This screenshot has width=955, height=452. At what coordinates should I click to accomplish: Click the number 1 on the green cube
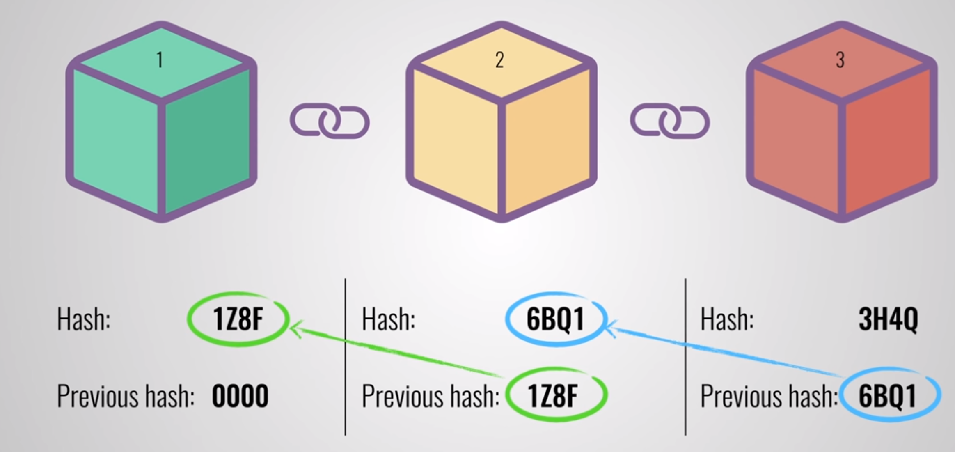160,60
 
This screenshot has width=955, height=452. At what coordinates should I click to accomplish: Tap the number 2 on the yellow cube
499,60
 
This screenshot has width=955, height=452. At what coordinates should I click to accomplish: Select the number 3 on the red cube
840,60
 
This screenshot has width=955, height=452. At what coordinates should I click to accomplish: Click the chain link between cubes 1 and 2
330,121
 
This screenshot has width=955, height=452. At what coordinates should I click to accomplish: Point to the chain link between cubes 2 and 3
670,121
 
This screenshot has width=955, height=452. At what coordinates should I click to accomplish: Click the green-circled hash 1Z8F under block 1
238,319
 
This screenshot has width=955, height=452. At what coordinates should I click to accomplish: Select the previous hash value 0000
240,396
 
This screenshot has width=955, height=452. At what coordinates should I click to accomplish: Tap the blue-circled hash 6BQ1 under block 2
555,319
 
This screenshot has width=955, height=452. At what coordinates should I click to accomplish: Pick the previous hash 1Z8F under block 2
553,396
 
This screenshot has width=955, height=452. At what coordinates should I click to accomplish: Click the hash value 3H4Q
888,319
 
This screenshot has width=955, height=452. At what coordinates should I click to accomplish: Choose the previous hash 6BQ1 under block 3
888,396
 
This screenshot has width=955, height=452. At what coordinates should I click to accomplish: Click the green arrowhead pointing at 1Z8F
295,328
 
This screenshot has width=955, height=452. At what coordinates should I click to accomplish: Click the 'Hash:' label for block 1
84,319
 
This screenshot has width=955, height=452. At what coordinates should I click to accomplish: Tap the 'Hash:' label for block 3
727,319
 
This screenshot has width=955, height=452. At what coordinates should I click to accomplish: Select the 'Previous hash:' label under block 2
431,396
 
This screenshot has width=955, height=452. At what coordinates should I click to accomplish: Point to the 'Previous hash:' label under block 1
126,396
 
